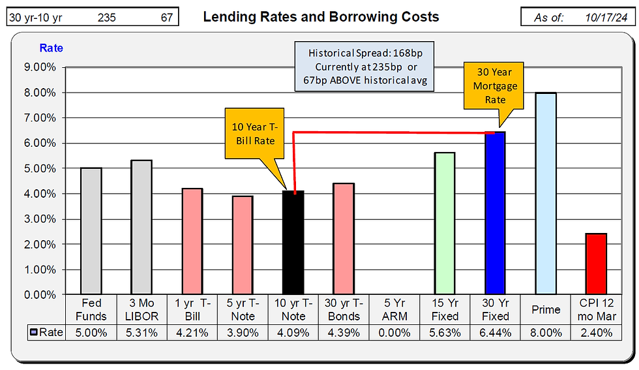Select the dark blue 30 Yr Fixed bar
[495, 213]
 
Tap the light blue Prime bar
[545, 193]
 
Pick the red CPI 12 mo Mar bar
[596, 264]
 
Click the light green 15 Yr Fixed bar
[444, 223]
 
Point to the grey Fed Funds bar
[91, 231]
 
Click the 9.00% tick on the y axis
[40, 67]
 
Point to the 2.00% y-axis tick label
[40, 244]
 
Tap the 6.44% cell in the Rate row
[495, 332]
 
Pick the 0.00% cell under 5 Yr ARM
[394, 332]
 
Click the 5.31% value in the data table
[141, 332]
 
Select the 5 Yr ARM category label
[394, 310]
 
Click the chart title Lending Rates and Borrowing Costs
[321, 17]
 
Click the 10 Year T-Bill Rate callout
[254, 133]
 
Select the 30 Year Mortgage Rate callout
[495, 85]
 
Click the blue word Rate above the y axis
[52, 48]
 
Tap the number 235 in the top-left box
[106, 18]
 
